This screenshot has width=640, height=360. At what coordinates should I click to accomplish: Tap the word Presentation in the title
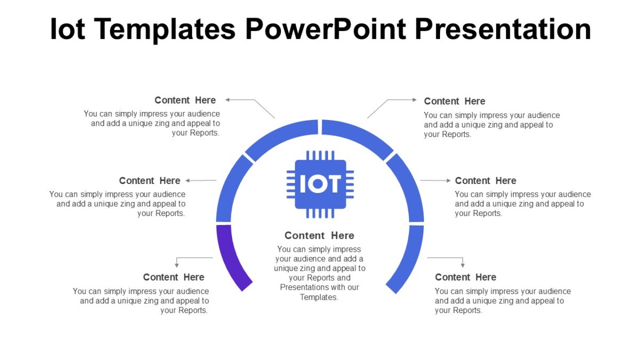pyautogui.click(x=502, y=29)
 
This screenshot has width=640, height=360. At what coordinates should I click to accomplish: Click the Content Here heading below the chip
pyautogui.click(x=319, y=236)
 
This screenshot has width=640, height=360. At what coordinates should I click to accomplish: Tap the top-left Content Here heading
pyautogui.click(x=185, y=100)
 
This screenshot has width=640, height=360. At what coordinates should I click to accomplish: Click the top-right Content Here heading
pyautogui.click(x=454, y=101)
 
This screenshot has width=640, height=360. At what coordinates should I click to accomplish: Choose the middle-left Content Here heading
pyautogui.click(x=149, y=181)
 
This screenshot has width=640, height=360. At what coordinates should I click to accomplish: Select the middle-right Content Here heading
pyautogui.click(x=485, y=181)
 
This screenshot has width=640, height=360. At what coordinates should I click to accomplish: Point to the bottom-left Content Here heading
pyautogui.click(x=173, y=277)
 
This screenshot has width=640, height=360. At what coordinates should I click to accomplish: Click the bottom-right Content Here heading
pyautogui.click(x=466, y=277)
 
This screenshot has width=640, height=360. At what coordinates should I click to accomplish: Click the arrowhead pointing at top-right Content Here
pyautogui.click(x=414, y=100)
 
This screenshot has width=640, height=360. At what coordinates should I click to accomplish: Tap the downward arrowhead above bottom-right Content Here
pyautogui.click(x=463, y=265)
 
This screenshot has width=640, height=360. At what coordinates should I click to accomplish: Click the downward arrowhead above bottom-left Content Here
pyautogui.click(x=177, y=265)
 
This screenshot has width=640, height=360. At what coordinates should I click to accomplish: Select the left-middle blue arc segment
pyautogui.click(x=230, y=187)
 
